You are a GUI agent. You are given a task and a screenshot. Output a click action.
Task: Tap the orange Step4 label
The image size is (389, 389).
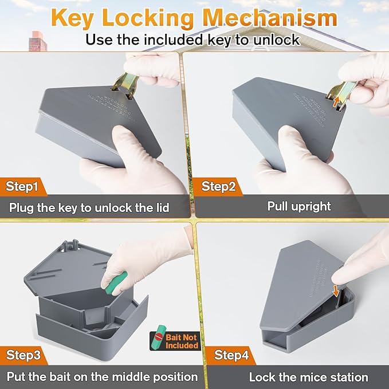coord(231,355)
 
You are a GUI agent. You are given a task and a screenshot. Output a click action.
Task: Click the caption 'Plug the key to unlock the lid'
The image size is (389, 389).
coord(89,207)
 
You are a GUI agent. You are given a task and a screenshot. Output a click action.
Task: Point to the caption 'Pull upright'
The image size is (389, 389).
coord(298,206)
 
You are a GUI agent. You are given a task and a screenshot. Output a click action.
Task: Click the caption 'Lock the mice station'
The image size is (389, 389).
coord(308,377)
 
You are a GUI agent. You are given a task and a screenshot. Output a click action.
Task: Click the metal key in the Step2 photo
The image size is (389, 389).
coord(342,92)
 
